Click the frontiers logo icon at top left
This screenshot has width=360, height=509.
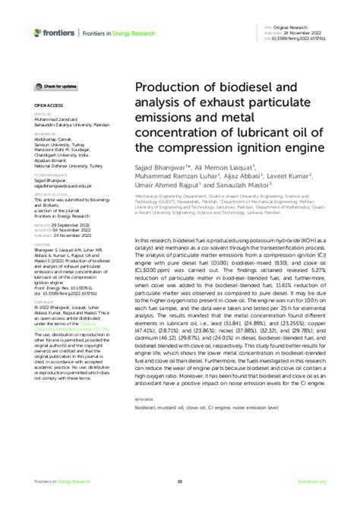pyautogui.click(x=38, y=31)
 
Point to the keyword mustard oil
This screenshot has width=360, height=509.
pyautogui.click(x=175, y=408)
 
